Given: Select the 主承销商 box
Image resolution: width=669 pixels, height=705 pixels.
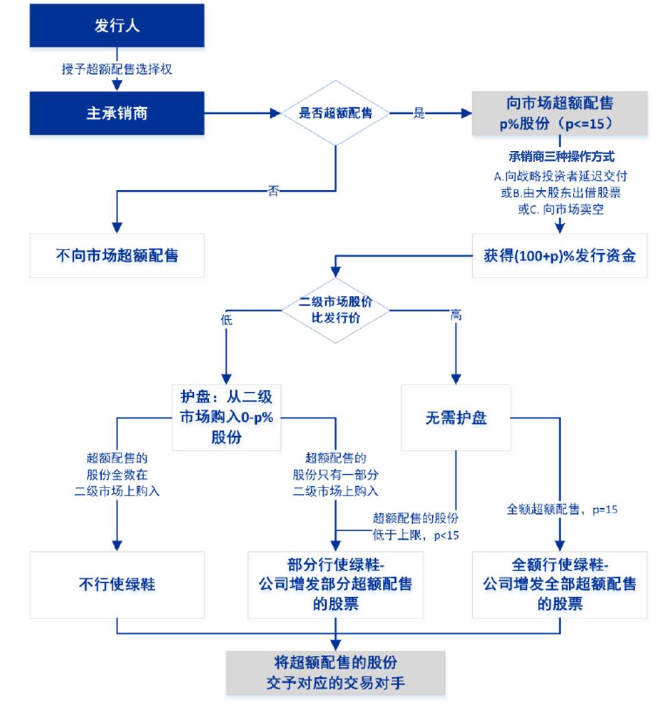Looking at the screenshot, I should coord(117,113).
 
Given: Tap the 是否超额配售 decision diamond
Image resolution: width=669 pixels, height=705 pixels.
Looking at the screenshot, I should coord(336,113).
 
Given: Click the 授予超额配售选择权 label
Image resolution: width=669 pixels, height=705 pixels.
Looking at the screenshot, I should coord(117,70).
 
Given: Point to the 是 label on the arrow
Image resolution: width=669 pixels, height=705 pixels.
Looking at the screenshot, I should coord(419,113).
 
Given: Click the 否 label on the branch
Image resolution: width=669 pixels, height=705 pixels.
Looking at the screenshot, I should coord(273,192).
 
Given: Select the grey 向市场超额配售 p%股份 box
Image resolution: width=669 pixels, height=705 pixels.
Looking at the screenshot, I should coord(559,113).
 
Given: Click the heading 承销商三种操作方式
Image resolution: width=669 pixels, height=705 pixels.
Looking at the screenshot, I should coord(559,157).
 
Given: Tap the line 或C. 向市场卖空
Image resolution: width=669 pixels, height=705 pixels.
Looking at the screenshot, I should coord(559,210).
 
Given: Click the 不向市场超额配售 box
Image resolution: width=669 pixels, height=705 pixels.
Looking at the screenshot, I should coord(117,256).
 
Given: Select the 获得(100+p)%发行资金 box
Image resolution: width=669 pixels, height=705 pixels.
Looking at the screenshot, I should coord(559,256).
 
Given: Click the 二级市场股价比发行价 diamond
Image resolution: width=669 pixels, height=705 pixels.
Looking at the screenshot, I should coord(336,309).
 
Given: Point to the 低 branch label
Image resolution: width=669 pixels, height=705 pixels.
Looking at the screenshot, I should coord(226,320).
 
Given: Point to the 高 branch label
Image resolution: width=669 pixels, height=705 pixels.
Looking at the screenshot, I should coord(456,316).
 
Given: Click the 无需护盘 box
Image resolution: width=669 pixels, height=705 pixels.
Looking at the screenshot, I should coord(456,418).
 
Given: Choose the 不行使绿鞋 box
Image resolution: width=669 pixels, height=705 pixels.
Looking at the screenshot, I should coord(117,585).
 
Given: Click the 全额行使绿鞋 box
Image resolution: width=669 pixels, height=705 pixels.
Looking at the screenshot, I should coord(559,584).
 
